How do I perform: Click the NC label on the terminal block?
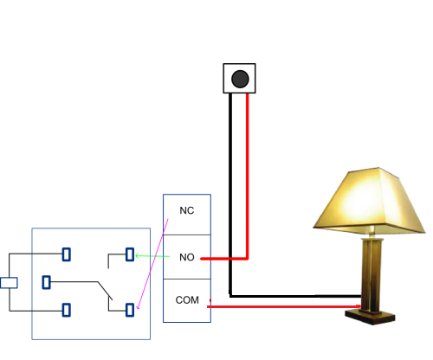(186, 211)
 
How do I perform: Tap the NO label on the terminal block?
(186, 258)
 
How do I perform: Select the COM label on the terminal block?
(187, 300)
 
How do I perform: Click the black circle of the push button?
(240, 80)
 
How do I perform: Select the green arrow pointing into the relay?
(152, 255)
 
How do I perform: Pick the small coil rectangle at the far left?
(9, 281)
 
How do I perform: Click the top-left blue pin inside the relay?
(66, 254)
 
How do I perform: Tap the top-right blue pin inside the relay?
(130, 254)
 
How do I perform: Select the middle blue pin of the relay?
(47, 281)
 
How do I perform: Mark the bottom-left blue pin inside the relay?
(66, 309)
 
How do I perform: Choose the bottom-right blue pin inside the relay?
(130, 309)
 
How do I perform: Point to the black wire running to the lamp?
(294, 295)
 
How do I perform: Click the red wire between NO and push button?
(249, 173)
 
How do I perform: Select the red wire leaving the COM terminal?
(277, 305)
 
